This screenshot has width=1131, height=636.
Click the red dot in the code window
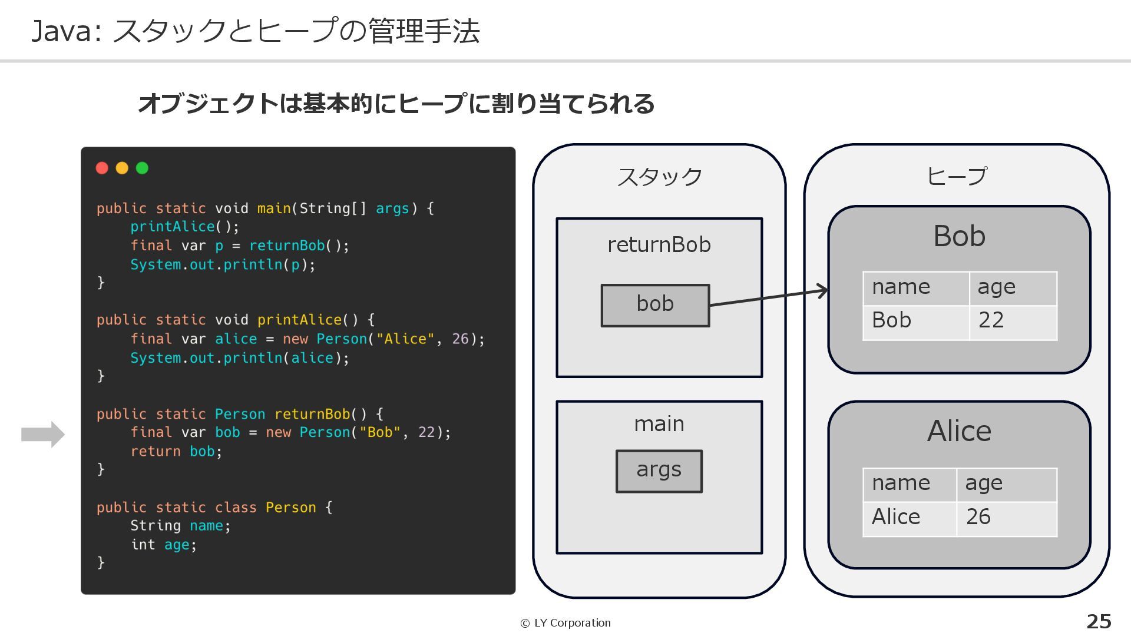point(102,168)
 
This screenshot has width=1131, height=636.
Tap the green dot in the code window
point(142,168)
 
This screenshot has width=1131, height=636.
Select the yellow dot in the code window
point(122,168)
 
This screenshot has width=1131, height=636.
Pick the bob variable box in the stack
point(655,305)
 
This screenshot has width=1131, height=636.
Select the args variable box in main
point(659,471)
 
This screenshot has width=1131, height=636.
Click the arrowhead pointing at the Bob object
point(822,291)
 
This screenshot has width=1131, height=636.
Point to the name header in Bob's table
point(915,288)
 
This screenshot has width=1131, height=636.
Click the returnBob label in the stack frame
point(659,244)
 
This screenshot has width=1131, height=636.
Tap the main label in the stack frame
point(659,423)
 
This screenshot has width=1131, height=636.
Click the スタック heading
point(659,177)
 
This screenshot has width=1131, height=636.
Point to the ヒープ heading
point(957,176)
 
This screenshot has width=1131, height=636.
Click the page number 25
point(1099,621)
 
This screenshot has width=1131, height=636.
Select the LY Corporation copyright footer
point(565,623)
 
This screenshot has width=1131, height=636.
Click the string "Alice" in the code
point(405,339)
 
